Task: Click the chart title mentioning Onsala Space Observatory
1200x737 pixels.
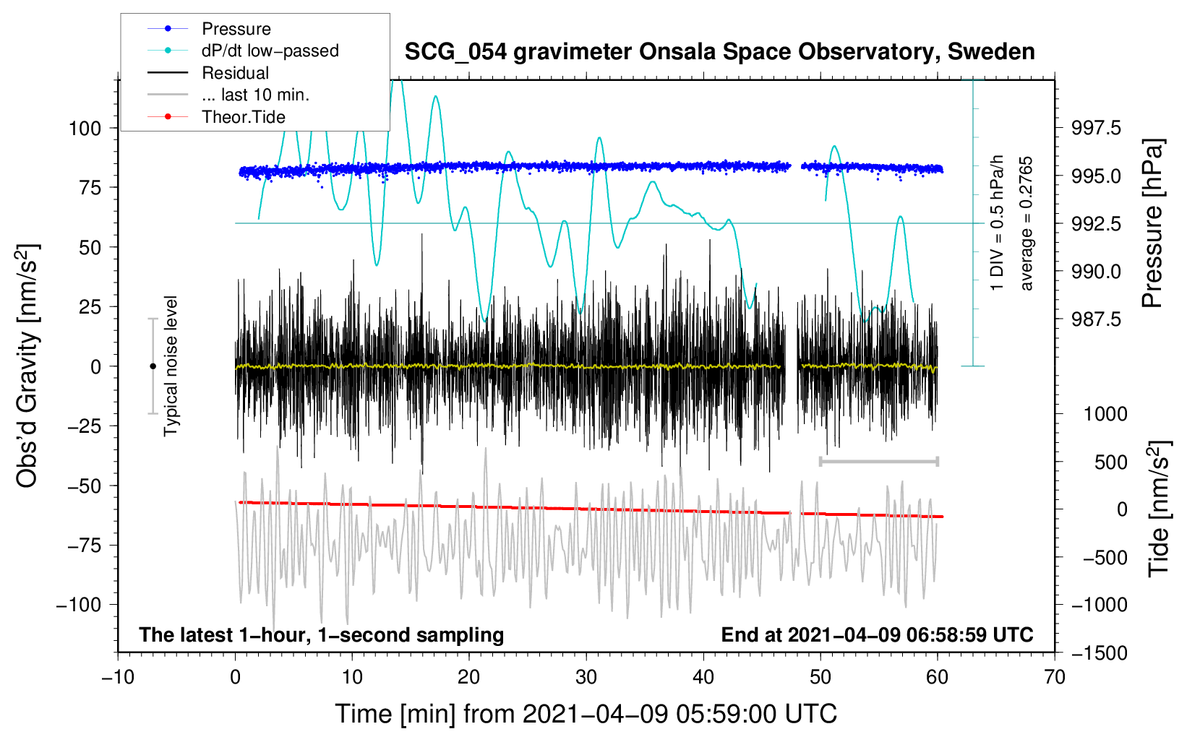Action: click(719, 52)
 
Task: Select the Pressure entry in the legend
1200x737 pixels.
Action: click(209, 28)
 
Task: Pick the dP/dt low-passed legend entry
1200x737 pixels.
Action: click(243, 51)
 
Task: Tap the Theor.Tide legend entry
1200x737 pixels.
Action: click(216, 117)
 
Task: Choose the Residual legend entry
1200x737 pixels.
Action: click(208, 73)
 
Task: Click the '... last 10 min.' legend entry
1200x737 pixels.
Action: click(228, 95)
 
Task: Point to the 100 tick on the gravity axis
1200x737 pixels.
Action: click(85, 129)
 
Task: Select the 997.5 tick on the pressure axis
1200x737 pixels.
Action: click(1096, 128)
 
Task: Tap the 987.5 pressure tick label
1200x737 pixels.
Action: click(1096, 319)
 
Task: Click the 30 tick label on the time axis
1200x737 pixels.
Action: click(586, 678)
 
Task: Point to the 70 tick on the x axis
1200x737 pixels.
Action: click(1054, 678)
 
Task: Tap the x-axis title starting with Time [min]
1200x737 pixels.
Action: click(586, 714)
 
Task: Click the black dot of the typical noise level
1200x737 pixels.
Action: click(153, 366)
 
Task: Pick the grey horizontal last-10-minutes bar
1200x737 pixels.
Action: click(878, 461)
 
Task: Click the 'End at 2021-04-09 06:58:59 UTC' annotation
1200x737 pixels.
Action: click(877, 634)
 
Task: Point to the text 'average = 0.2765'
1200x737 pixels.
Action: click(1025, 224)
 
